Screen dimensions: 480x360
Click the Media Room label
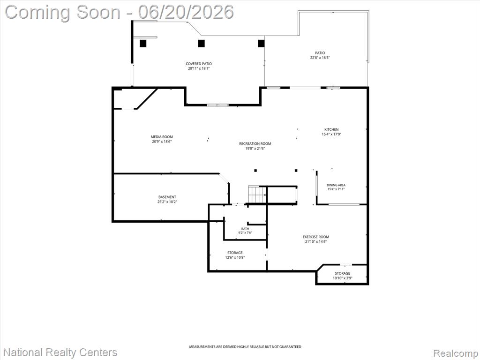click(162, 137)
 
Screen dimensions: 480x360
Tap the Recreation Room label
click(255, 143)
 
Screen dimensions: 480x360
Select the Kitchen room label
click(331, 129)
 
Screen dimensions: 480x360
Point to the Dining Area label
click(336, 185)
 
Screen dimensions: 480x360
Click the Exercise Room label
click(316, 237)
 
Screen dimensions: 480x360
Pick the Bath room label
click(245, 229)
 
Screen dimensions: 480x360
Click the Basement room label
click(167, 197)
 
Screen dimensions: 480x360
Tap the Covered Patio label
click(199, 64)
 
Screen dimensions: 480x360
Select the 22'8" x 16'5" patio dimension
click(320, 58)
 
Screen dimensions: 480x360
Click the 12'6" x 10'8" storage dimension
click(235, 257)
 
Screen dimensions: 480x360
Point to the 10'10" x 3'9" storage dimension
click(342, 278)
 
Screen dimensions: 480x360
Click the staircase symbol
click(257, 195)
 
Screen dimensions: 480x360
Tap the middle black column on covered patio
click(201, 44)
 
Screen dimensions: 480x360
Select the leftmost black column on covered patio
click(143, 44)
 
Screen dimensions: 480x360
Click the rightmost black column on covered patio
click(261, 44)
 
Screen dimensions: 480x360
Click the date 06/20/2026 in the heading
click(186, 12)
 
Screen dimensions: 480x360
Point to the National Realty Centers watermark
click(60, 352)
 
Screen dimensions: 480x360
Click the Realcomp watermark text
click(456, 353)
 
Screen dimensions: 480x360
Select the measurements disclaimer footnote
click(245, 347)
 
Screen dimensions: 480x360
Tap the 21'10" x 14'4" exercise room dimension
click(316, 241)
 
